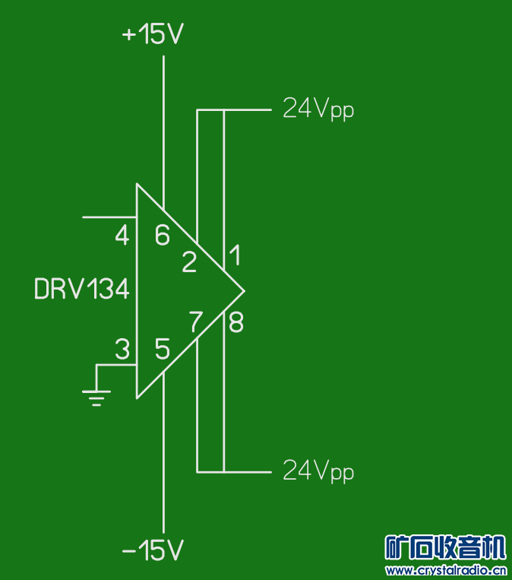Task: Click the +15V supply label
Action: click(x=153, y=33)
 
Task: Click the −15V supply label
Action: click(x=153, y=550)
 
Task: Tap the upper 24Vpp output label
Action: click(x=318, y=109)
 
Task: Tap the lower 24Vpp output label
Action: click(x=318, y=471)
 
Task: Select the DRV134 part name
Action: click(x=82, y=289)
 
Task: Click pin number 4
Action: click(x=122, y=235)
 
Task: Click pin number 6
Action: click(x=163, y=235)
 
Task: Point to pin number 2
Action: click(x=189, y=262)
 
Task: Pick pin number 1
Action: click(x=235, y=255)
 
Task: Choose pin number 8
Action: click(x=236, y=322)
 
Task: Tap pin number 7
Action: click(x=196, y=321)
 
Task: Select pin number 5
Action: click(x=163, y=349)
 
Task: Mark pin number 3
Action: click(x=122, y=349)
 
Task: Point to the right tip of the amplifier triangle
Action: click(x=245, y=291)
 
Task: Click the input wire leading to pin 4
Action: click(x=109, y=217)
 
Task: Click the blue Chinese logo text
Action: click(x=445, y=547)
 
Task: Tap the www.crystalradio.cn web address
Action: click(x=446, y=570)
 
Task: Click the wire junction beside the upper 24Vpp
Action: click(x=224, y=110)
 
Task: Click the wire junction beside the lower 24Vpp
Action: click(x=224, y=472)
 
